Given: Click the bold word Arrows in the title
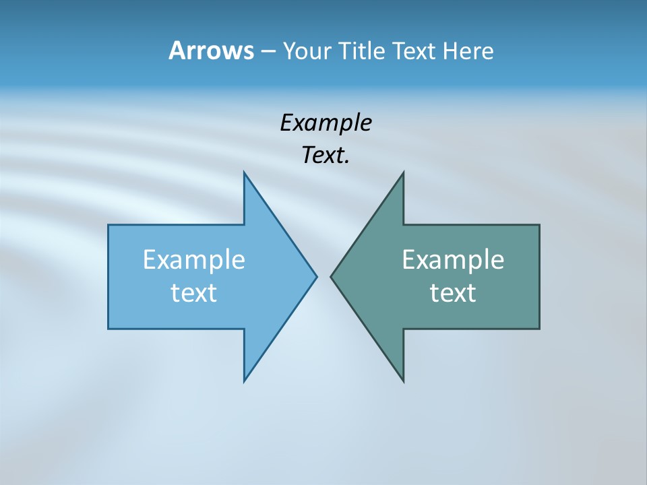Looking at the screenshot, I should click(211, 51).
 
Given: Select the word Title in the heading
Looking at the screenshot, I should click(361, 51).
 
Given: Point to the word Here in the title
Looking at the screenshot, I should click(468, 51).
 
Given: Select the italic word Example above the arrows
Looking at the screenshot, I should click(326, 123).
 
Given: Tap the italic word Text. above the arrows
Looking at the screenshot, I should click(326, 155).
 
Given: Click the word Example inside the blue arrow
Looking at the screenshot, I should click(194, 259).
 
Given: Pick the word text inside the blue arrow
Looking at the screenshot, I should click(194, 292).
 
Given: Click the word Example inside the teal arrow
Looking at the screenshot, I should click(453, 259).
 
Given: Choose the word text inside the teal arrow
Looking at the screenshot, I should click(453, 292).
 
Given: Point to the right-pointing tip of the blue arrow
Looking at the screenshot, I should click(316, 276).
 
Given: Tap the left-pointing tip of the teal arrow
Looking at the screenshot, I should click(331, 276).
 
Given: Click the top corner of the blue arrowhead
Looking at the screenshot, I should click(245, 173).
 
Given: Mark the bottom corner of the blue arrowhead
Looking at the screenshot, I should click(245, 381).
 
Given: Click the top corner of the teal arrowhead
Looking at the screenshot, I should click(403, 173).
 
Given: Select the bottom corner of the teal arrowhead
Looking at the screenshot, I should click(403, 381).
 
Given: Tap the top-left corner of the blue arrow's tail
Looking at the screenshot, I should click(109, 225).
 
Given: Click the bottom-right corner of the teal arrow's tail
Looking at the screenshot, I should click(539, 328).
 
